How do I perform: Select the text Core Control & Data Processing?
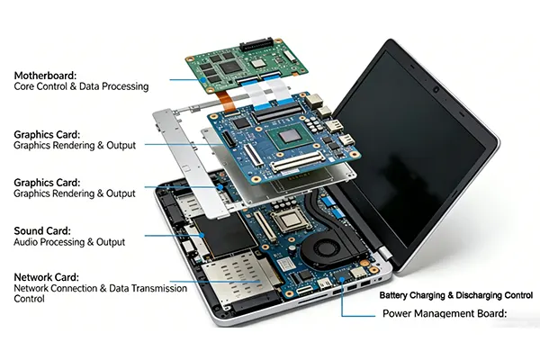(81, 87)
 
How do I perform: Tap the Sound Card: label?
(41, 230)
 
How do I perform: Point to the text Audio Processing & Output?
(68, 242)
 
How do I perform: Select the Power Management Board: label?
(445, 314)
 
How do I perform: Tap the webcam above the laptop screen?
(436, 87)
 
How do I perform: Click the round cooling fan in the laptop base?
(323, 247)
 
